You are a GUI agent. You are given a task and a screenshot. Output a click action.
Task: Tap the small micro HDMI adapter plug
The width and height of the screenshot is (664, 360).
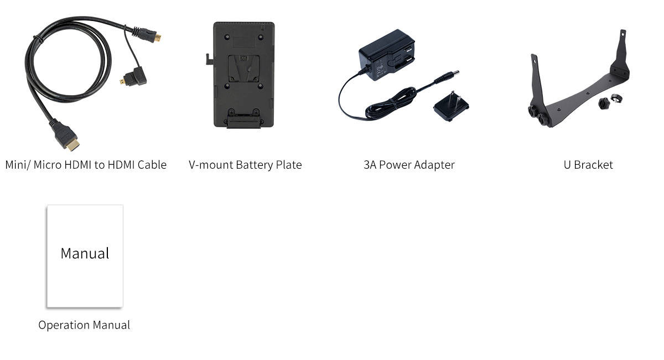(134, 77)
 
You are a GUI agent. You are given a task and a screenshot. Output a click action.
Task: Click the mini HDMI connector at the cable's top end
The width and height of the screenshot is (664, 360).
(150, 35)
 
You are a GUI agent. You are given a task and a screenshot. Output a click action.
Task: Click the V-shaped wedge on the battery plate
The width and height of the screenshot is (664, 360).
(243, 68)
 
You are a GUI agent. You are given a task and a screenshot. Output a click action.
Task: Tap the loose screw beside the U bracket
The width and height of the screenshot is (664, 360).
(604, 103)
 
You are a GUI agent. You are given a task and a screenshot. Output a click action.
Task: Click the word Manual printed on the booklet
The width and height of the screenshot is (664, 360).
(85, 254)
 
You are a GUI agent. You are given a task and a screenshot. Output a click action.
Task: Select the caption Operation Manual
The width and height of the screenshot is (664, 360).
(84, 325)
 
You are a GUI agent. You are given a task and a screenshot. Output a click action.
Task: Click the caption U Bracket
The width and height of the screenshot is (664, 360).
(588, 165)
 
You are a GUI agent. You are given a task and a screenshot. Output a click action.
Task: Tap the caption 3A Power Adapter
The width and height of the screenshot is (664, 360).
(409, 165)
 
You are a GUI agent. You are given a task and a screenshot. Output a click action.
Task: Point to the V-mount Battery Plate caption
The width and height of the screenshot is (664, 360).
(245, 165)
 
